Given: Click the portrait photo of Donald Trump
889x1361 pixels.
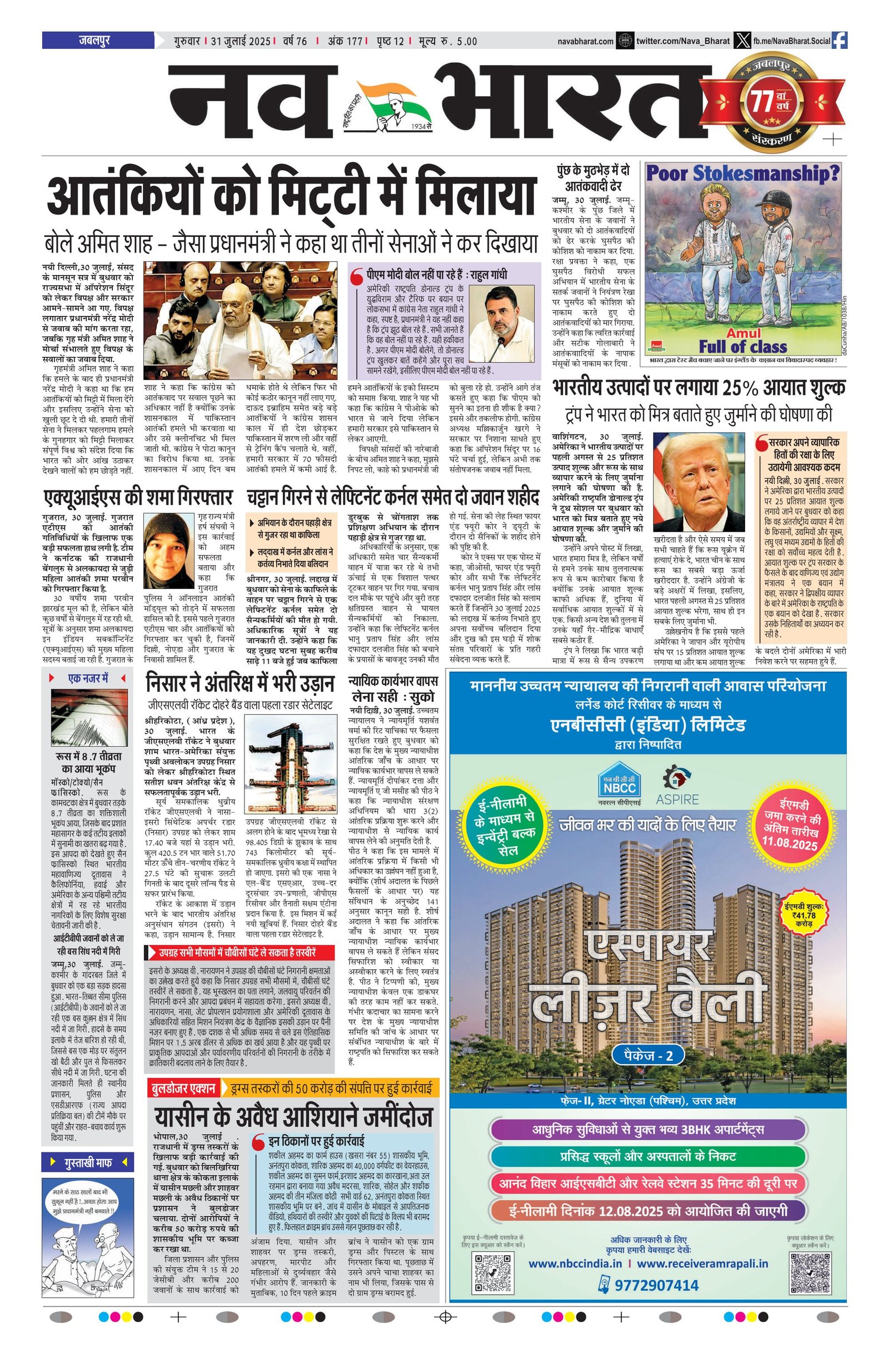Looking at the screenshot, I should coord(698,482).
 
